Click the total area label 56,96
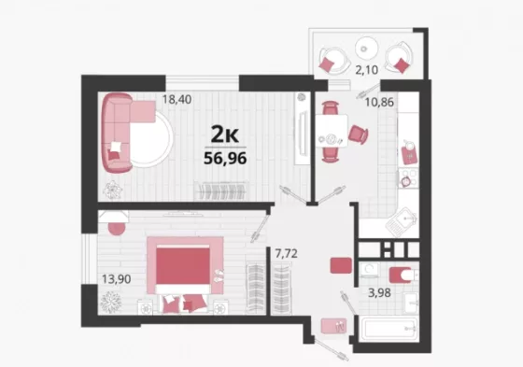click(x=225, y=158)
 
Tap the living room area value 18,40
click(x=177, y=99)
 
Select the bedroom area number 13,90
click(x=116, y=279)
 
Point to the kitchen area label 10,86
click(x=379, y=102)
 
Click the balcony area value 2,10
click(x=366, y=70)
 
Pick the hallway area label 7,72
click(x=286, y=254)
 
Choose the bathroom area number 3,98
click(x=379, y=293)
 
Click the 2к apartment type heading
click(x=225, y=134)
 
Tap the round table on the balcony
click(x=366, y=49)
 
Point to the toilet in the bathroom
click(x=403, y=275)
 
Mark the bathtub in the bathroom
click(x=389, y=329)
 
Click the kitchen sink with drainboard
click(x=402, y=221)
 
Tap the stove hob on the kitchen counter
click(x=409, y=178)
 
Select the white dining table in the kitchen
click(x=332, y=131)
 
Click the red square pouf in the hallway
click(x=341, y=265)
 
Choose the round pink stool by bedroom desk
click(x=117, y=228)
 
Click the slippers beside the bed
click(x=219, y=275)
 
